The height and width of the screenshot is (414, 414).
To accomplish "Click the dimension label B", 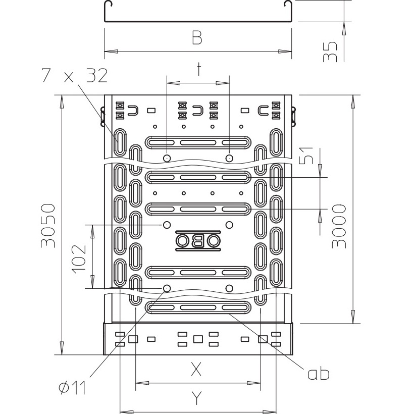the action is (197, 37).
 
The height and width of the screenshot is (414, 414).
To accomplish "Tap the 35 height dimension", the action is (330, 51).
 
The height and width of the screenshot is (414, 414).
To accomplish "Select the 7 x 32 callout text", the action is (74, 75).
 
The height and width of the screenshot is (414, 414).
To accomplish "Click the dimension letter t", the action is (198, 69).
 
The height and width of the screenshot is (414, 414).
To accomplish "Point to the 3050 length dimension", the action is (48, 226).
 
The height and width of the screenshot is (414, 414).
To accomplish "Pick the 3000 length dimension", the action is (339, 226).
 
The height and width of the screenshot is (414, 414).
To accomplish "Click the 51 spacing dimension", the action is (306, 156).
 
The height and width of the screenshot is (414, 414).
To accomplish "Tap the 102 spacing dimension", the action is (79, 259).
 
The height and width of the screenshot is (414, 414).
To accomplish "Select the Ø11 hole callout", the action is (72, 388).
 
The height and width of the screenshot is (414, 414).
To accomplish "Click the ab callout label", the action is (319, 374).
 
